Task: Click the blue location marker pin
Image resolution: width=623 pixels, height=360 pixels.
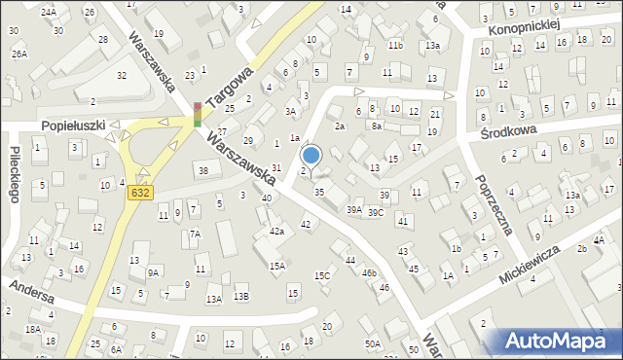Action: tap(311, 155)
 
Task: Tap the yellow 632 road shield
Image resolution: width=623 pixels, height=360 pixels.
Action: tap(139, 193)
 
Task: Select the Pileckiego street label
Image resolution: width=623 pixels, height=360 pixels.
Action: tap(15, 176)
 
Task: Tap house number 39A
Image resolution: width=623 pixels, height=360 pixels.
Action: tap(354, 209)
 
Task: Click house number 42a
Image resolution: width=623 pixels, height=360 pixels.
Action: tap(276, 232)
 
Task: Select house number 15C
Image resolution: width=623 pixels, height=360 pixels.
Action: tap(321, 275)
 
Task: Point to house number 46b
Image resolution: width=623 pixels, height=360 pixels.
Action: tap(369, 273)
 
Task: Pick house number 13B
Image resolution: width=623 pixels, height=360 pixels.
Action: tap(240, 297)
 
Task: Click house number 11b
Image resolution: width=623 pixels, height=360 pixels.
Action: tap(395, 46)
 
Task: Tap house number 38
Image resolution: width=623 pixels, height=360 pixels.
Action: tap(202, 171)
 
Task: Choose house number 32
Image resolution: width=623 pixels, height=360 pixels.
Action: tap(121, 75)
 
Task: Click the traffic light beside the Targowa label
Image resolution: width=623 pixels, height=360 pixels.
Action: tap(198, 114)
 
